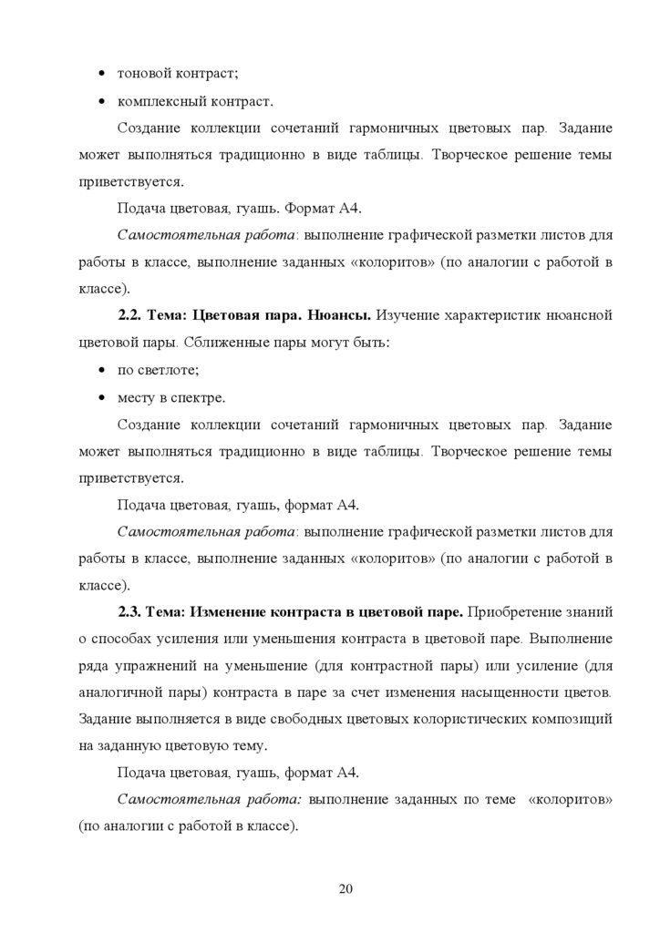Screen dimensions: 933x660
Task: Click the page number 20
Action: [345, 889]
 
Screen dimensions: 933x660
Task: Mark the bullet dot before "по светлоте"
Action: [100, 370]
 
